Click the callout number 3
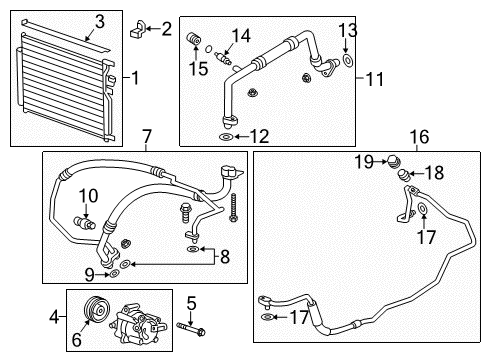100,20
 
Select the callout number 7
146,135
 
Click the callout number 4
52,320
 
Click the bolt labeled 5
192,326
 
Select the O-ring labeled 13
345,61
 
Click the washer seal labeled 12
226,136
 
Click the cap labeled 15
193,39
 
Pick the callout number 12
259,136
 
